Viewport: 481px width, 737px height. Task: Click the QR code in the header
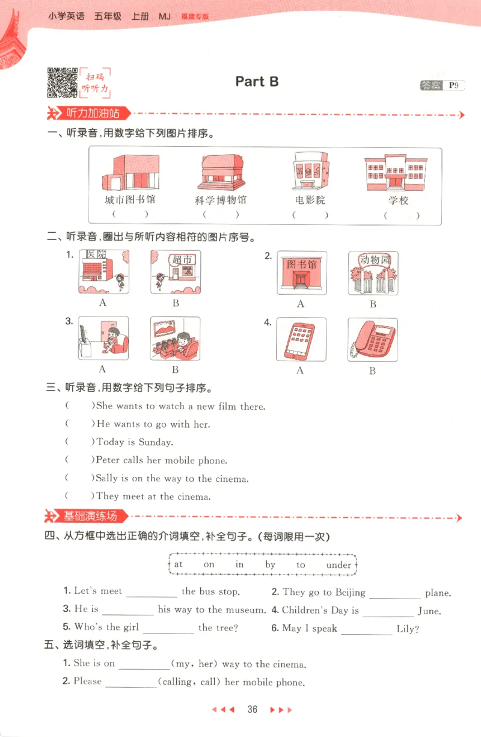tap(62, 82)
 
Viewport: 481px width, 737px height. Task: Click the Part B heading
tap(257, 82)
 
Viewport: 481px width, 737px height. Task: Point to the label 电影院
tap(310, 200)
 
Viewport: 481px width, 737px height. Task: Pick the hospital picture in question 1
tap(103, 272)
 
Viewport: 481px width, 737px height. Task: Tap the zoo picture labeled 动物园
tap(373, 273)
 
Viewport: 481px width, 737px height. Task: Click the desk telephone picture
tap(373, 341)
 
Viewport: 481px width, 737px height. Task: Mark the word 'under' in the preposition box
tap(339, 565)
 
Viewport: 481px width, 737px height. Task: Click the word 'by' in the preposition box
tap(270, 565)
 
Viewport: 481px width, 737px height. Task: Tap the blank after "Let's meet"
tap(152, 593)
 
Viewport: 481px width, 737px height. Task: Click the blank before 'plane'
tap(395, 594)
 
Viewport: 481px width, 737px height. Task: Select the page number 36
tap(252, 709)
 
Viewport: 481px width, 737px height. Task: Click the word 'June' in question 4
tap(429, 611)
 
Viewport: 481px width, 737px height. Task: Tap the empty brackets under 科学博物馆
tap(220, 215)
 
